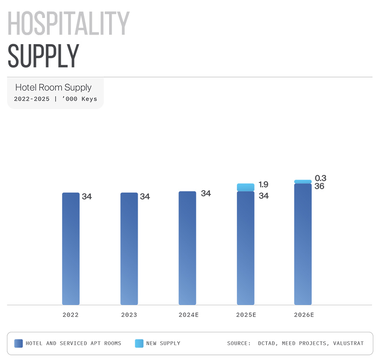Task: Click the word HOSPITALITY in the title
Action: click(x=68, y=24)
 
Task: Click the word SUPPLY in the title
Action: click(x=44, y=56)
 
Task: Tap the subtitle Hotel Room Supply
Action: click(x=53, y=87)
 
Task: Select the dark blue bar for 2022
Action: click(x=71, y=248)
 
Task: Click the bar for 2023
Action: click(x=129, y=248)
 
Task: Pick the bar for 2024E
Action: click(x=187, y=248)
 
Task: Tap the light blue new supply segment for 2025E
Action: click(x=246, y=187)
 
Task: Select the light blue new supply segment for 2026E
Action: click(x=303, y=181)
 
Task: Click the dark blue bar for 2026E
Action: click(x=303, y=244)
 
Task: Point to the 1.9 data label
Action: click(x=264, y=184)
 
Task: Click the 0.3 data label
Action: click(x=320, y=178)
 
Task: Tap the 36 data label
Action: click(x=319, y=186)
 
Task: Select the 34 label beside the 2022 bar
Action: click(x=87, y=196)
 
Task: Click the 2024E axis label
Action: click(x=189, y=315)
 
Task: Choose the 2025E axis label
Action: click(x=246, y=315)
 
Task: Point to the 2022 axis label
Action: click(x=71, y=315)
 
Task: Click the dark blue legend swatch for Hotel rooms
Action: click(x=18, y=343)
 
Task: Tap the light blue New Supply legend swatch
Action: click(x=139, y=343)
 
